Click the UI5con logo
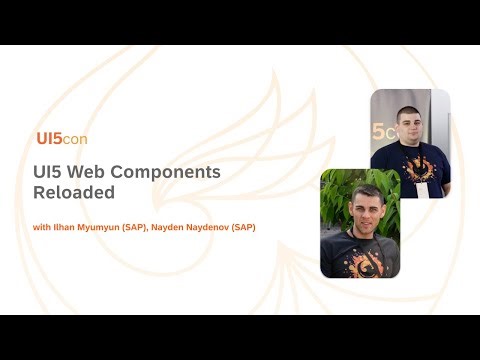click(x=61, y=139)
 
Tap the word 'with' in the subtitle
click(x=40, y=228)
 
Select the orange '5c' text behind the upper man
click(x=381, y=131)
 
